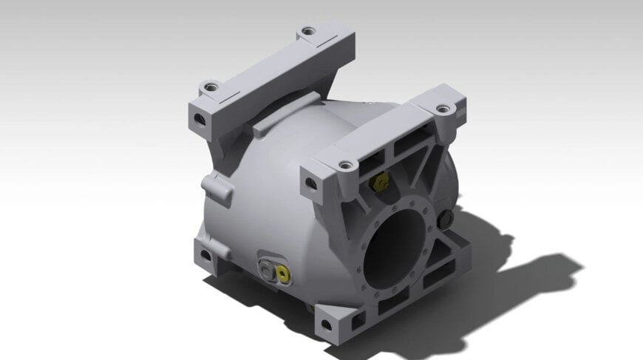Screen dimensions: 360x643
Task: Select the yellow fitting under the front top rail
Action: coord(380,182)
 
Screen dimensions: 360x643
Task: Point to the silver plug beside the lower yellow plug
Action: coord(266,267)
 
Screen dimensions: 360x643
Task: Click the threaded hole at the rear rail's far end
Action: coord(307,33)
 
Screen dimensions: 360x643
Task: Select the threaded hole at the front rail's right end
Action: coord(442,109)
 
